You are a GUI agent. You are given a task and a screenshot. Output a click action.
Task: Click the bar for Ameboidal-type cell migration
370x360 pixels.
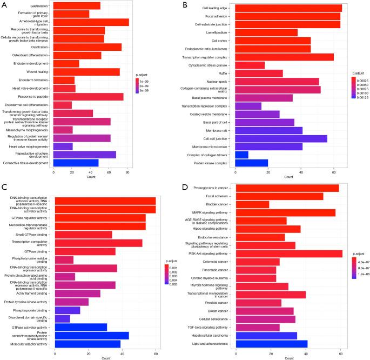pyautogui.click(x=91, y=22)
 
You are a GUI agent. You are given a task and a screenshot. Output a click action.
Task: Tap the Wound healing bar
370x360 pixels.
pyautogui.click(x=86, y=72)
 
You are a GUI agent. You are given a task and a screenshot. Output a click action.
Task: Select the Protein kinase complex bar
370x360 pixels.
pyautogui.click(x=252, y=163)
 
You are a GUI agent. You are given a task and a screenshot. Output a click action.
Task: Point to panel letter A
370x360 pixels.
pyautogui.click(x=4, y=4)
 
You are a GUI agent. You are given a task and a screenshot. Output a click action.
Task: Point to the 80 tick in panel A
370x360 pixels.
pyautogui.click(x=127, y=171)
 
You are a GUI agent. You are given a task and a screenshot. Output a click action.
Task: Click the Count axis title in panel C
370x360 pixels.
pyautogui.click(x=106, y=358)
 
